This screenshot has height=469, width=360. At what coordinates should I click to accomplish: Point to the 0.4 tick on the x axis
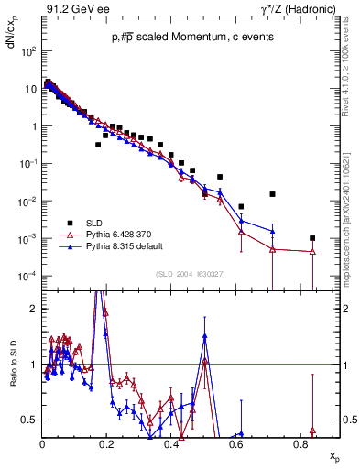tap(172, 445)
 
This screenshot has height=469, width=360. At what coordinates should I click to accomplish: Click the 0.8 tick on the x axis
tap(301, 445)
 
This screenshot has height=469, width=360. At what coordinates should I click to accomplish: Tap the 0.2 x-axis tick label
tap(107, 445)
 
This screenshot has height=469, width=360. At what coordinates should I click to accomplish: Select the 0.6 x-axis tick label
tap(236, 445)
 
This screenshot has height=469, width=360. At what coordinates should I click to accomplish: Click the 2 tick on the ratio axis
tap(33, 309)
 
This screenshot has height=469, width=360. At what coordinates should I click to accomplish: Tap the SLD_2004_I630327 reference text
tap(191, 273)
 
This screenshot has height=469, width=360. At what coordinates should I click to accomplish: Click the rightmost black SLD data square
tap(312, 238)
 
